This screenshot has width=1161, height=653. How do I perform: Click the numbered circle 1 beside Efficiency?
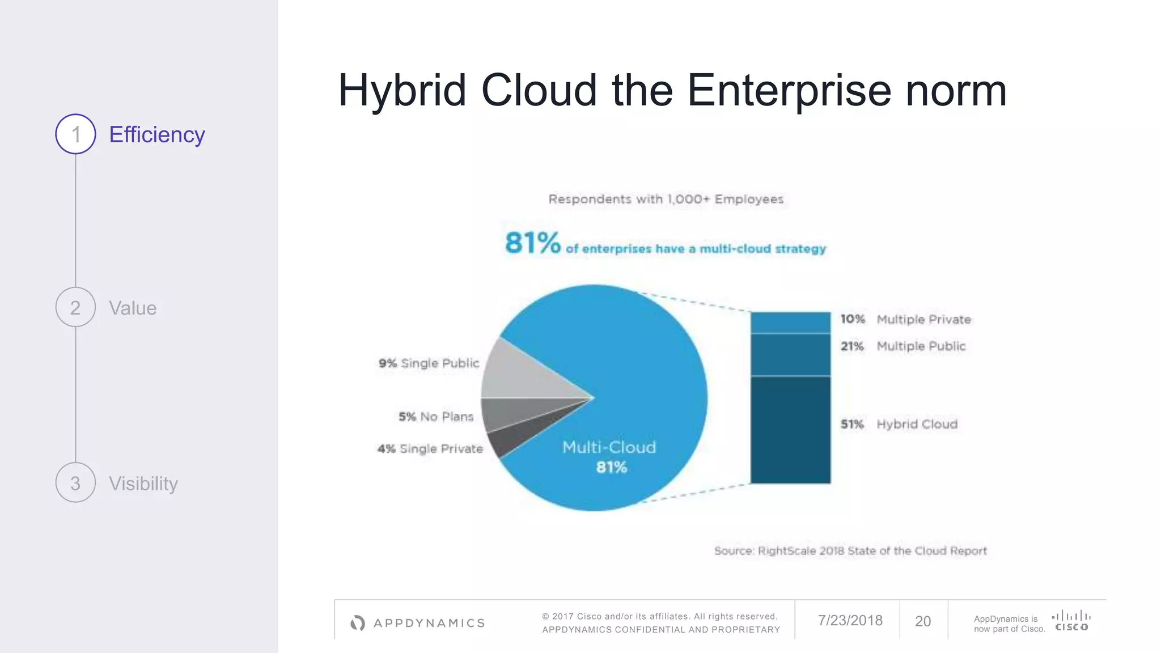pos(75,134)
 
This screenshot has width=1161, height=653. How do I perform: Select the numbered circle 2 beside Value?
pos(75,307)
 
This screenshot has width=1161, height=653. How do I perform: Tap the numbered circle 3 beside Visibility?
pos(75,483)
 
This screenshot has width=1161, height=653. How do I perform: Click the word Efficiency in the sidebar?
pos(156,135)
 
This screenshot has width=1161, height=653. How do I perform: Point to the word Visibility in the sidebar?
pos(143,484)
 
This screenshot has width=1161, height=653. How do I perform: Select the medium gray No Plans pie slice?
pos(510,415)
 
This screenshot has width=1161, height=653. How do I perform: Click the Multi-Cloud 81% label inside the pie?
pos(609,457)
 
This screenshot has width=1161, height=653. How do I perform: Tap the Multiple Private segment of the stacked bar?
pos(790,323)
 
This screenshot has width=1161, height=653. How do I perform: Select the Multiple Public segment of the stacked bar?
pos(790,355)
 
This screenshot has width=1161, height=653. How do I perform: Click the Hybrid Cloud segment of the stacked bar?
pos(790,430)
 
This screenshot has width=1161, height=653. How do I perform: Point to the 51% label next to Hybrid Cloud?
pos(852,425)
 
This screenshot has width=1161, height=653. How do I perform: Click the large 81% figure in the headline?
pos(532,243)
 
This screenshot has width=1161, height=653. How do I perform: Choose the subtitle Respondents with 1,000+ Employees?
pos(666,200)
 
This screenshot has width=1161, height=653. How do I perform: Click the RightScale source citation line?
pos(850,551)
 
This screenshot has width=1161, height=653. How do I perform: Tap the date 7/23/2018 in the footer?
pos(850,621)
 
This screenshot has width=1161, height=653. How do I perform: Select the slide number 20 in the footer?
pos(923,621)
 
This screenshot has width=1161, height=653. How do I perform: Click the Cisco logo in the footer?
pos(1071,621)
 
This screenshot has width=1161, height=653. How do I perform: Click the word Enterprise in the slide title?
pos(789,91)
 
